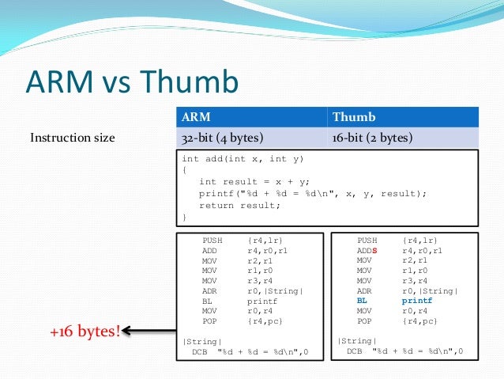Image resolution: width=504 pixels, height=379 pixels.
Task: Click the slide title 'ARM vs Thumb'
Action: click(131, 83)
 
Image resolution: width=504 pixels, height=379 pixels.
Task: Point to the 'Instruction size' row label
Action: click(72, 138)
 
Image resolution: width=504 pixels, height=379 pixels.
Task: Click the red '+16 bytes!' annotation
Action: click(85, 329)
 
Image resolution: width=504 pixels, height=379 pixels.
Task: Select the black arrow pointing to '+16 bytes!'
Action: click(150, 330)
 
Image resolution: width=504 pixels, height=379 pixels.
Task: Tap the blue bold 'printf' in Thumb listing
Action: click(417, 301)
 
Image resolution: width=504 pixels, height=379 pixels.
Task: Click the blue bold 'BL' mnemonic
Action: click(363, 301)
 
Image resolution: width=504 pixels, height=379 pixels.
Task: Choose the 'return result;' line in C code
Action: click(240, 205)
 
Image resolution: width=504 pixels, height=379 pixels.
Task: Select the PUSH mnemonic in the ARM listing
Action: click(212, 240)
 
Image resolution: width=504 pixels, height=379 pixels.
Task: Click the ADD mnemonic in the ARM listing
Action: click(209, 250)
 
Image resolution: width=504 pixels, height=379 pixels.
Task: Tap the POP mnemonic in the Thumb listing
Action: click(363, 321)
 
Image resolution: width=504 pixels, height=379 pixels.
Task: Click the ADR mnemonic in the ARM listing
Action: click(209, 291)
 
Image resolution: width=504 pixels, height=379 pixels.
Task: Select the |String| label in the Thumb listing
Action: click(353, 341)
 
